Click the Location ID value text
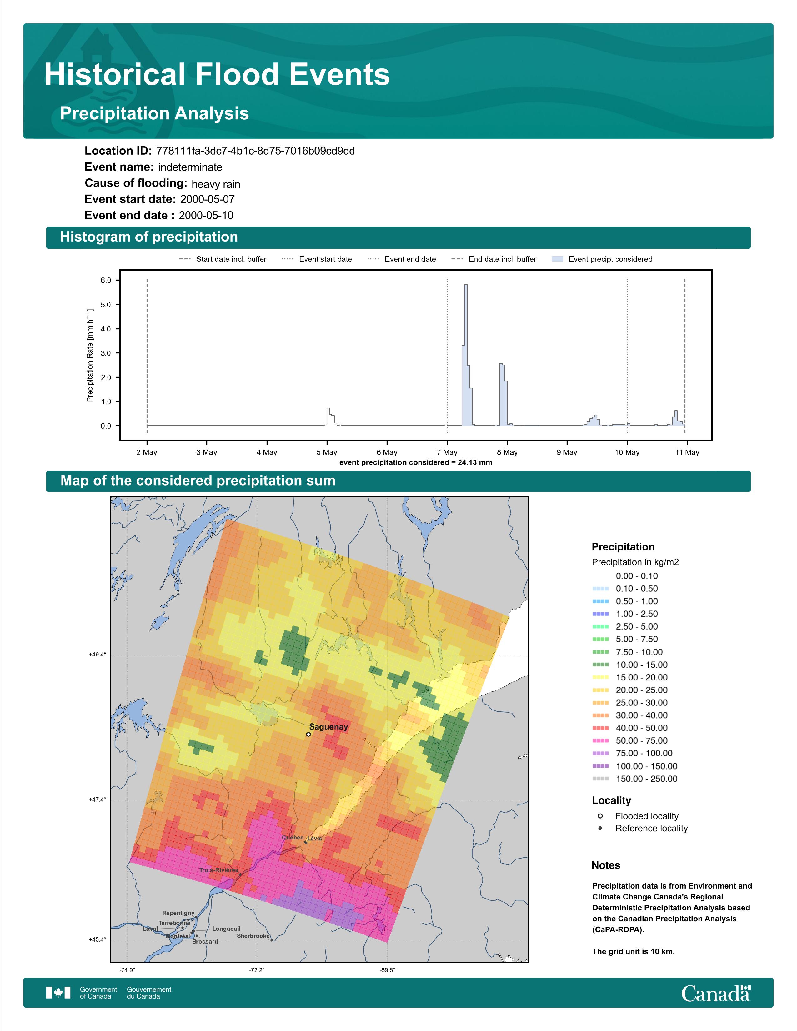(255, 151)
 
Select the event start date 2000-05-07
(207, 199)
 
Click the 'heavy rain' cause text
(216, 184)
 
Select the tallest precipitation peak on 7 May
(466, 285)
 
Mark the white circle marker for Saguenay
(308, 734)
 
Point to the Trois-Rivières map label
(218, 870)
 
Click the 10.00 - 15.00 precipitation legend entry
(630, 665)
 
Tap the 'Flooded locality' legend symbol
(600, 816)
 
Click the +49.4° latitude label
(98, 655)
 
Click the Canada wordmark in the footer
(716, 993)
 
